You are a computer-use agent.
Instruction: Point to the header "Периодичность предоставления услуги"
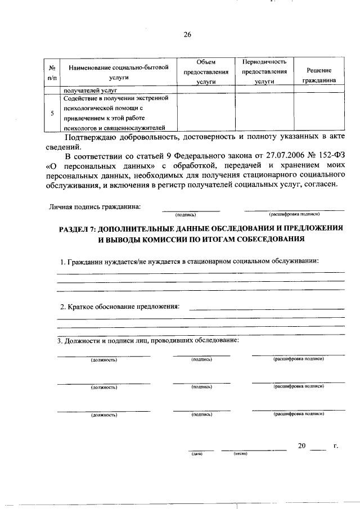pos(264,71)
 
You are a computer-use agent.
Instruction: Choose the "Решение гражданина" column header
pos(318,75)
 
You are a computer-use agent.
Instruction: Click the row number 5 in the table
pos(52,113)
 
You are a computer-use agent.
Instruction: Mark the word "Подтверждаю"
pos(92,137)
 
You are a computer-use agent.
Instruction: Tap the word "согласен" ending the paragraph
pos(321,187)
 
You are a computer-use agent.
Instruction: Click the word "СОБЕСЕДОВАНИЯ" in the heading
pos(264,239)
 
